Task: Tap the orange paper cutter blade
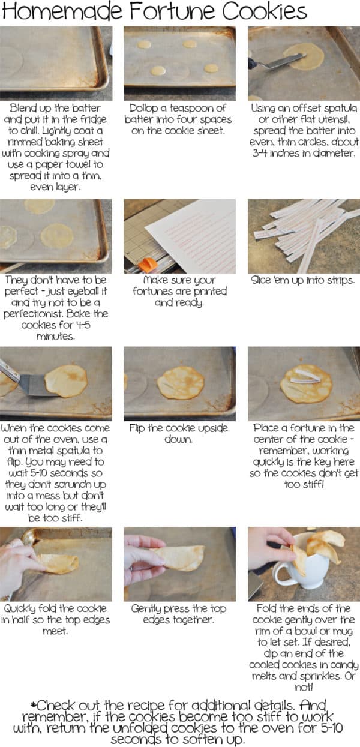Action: [146, 264]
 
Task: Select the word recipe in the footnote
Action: [172, 706]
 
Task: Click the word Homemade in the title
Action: [55, 11]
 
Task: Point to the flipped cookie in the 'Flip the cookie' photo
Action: [181, 383]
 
